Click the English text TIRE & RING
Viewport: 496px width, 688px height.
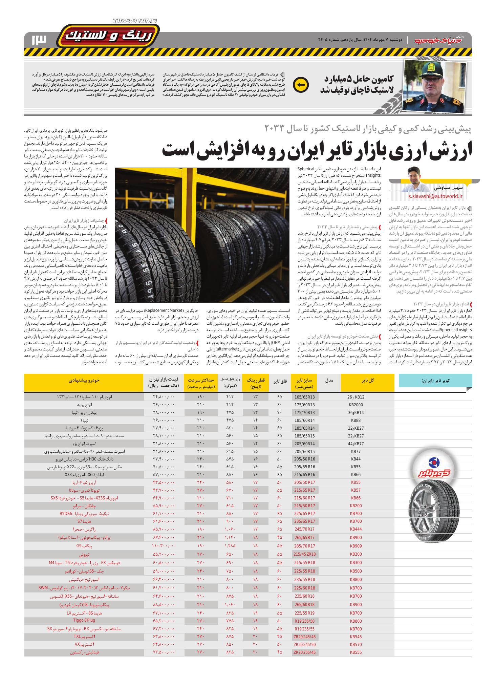(x=135, y=21)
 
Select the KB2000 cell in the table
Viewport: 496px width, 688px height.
(x=356, y=405)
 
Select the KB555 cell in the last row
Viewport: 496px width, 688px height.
(x=356, y=652)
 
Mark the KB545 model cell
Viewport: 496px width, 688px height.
(x=356, y=637)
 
